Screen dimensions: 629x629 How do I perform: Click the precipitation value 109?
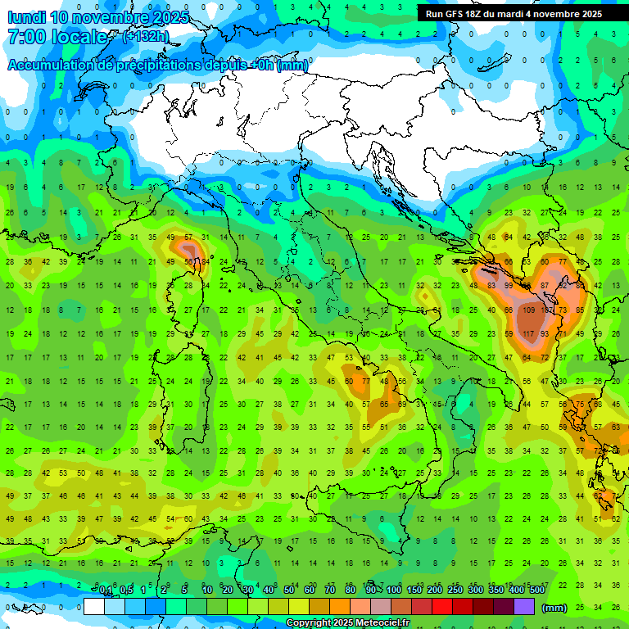pyautogui.click(x=528, y=310)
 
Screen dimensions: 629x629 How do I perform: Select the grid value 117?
pyautogui.click(x=528, y=334)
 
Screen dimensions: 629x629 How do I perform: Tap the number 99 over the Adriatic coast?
pyautogui.click(x=509, y=286)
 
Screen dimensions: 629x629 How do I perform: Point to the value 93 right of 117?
pyautogui.click(x=544, y=334)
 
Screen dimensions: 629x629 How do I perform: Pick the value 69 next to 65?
pyautogui.click(x=402, y=405)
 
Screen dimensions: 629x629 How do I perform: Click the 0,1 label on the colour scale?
pyautogui.click(x=106, y=591)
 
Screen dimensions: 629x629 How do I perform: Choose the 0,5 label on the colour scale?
pyautogui.click(x=126, y=591)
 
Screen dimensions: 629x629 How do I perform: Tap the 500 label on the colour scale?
pyautogui.click(x=537, y=591)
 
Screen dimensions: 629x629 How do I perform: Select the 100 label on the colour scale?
pyautogui.click(x=394, y=591)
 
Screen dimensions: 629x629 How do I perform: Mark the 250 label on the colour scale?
pyautogui.click(x=455, y=591)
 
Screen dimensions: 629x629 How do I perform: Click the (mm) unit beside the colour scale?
pyautogui.click(x=554, y=607)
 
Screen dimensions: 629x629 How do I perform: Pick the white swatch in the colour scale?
pyautogui.click(x=94, y=607)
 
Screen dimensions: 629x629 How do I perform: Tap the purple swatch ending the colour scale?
pyautogui.click(x=524, y=607)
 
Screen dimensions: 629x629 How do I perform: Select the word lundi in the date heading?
pyautogui.click(x=28, y=16)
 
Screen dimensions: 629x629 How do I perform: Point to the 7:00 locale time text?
pyautogui.click(x=57, y=37)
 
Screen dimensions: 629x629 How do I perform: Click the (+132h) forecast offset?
pyautogui.click(x=146, y=36)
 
